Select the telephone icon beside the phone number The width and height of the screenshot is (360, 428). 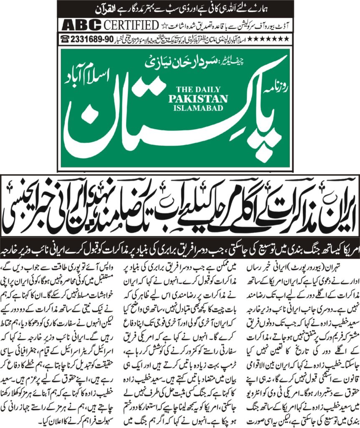pos(65,38)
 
